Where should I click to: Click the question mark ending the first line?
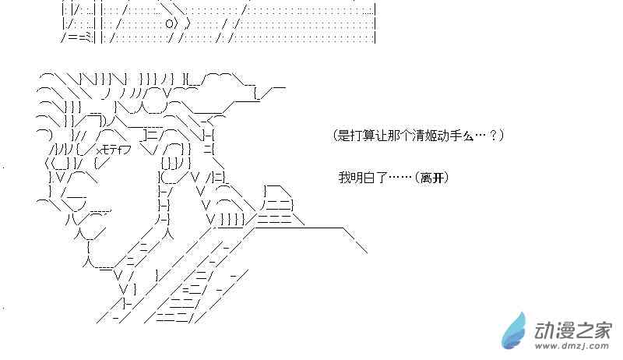[496, 136]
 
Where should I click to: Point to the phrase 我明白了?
[362, 178]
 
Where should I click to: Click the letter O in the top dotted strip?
[169, 24]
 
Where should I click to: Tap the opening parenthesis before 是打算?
[336, 136]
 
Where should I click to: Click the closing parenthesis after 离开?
[447, 178]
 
